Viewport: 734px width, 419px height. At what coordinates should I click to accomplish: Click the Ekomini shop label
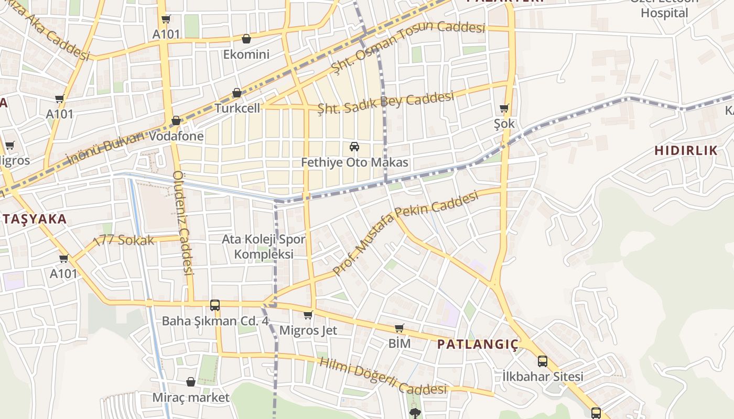[x=246, y=54]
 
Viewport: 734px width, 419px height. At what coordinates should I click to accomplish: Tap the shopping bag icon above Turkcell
[x=237, y=93]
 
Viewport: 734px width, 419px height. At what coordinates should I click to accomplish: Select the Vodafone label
[x=176, y=137]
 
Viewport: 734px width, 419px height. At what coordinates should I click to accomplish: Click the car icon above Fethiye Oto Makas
[x=354, y=147]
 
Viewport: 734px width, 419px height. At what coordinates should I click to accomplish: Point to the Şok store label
[x=504, y=124]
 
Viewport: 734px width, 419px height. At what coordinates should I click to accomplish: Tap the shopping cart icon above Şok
[x=504, y=108]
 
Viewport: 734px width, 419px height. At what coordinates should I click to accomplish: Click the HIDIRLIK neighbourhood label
[x=686, y=151]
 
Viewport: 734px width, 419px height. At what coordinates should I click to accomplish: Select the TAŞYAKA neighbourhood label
[x=35, y=219]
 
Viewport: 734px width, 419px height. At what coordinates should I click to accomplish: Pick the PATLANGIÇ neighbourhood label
[x=478, y=344]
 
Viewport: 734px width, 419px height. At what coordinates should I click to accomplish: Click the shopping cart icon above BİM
[x=400, y=328]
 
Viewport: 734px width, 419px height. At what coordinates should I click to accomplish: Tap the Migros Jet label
[x=308, y=330]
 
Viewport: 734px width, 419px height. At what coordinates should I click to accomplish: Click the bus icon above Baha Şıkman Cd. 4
[x=214, y=305]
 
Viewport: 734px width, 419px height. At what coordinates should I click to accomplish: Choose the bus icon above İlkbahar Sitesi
[x=543, y=361]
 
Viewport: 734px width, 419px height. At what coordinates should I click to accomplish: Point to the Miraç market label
[x=191, y=398]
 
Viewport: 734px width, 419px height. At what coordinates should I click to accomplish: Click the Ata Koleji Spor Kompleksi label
[x=263, y=247]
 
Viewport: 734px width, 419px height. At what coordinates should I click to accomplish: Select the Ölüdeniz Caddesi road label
[x=182, y=223]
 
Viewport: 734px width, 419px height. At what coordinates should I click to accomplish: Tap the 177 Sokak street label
[x=124, y=240]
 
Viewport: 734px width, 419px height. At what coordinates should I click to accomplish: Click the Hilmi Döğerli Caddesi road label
[x=383, y=377]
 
